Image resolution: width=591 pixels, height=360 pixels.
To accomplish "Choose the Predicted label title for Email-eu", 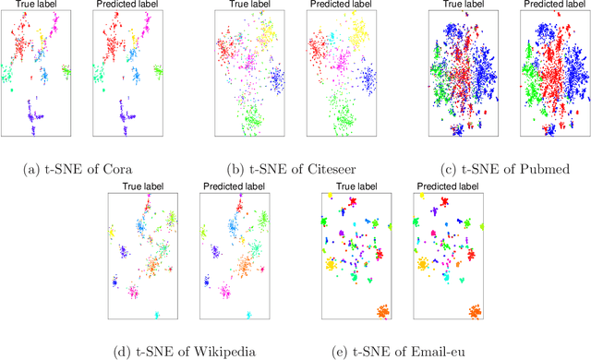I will pyautogui.click(x=447, y=187).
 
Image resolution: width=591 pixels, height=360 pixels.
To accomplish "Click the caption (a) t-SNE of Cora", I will pyautogui.click(x=82, y=169).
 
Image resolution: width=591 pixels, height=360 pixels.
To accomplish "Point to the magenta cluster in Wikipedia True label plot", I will pyautogui.click(x=136, y=292).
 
